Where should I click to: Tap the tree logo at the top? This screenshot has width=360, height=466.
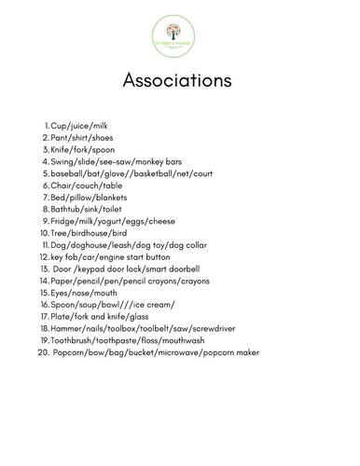tap(180, 37)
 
